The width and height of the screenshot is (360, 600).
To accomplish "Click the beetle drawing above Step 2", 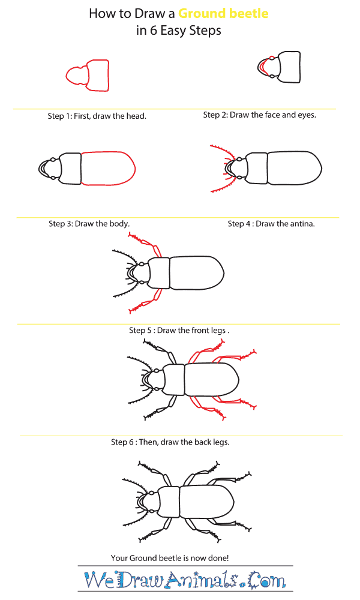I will [282, 66].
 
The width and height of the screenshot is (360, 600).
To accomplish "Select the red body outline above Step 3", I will [107, 169].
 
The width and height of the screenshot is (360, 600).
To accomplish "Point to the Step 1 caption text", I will [97, 116].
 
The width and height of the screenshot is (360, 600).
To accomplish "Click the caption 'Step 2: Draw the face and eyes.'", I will [259, 115].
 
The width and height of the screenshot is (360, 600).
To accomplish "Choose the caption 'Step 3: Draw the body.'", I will [89, 224].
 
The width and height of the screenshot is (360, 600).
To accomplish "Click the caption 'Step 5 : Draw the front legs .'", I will [179, 330].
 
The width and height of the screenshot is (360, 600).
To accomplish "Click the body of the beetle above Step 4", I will [295, 168].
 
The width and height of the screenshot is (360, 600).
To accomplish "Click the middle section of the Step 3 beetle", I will [71, 169].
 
